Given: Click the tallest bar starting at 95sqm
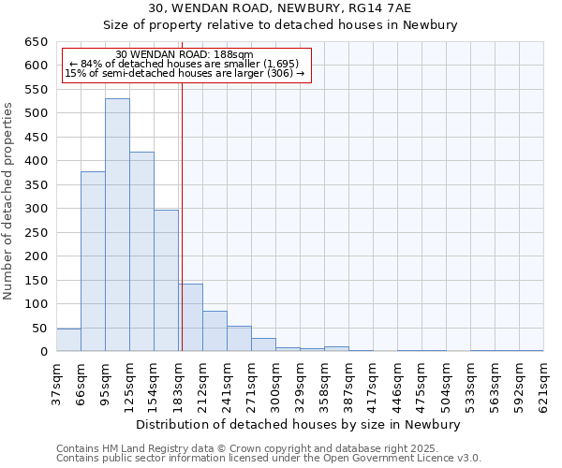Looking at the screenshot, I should coord(117,225).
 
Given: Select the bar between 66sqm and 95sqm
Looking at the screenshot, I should coord(93,261).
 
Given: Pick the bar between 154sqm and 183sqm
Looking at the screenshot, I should coord(166,280).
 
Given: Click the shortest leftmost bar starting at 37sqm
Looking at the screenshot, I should coord(68,340).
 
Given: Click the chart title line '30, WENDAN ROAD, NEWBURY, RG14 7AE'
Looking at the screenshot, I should coord(280,7).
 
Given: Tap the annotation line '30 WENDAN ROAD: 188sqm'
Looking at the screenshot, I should coord(185,55).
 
